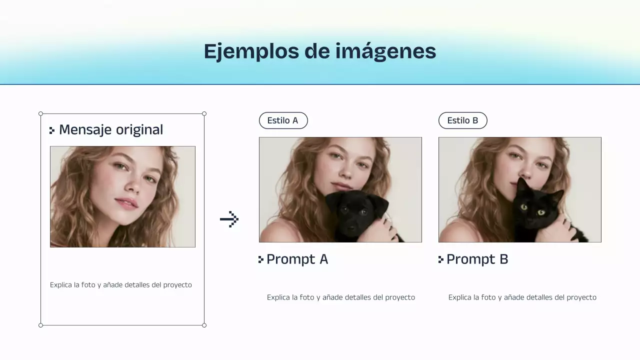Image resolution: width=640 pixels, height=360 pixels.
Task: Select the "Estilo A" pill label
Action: (x=283, y=120)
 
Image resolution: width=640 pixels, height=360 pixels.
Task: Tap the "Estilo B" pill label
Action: (x=462, y=120)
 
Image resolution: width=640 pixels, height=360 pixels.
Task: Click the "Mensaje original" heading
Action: (x=111, y=130)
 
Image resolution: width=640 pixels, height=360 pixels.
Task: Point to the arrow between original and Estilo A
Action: (x=229, y=219)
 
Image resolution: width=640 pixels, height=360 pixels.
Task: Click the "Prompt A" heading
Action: (x=297, y=259)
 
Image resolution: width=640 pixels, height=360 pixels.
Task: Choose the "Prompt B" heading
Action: (x=477, y=259)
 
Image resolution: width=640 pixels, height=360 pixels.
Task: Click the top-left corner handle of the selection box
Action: (x=41, y=114)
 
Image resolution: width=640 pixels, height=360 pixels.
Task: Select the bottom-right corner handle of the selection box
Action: (x=204, y=325)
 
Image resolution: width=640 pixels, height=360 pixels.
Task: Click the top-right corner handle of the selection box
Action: (x=204, y=114)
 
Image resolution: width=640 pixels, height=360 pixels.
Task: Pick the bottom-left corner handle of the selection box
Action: (x=41, y=325)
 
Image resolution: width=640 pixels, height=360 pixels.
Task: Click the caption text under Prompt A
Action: (x=341, y=297)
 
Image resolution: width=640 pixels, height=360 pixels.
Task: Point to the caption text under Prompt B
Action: (x=522, y=297)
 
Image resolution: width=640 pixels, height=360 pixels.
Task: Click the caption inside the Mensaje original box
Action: (x=121, y=285)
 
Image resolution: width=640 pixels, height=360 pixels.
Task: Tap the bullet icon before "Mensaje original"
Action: (x=52, y=130)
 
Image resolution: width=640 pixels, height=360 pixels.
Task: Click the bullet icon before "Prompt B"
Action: (x=440, y=259)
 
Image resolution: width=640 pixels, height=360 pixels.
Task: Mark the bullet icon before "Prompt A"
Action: (x=260, y=259)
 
